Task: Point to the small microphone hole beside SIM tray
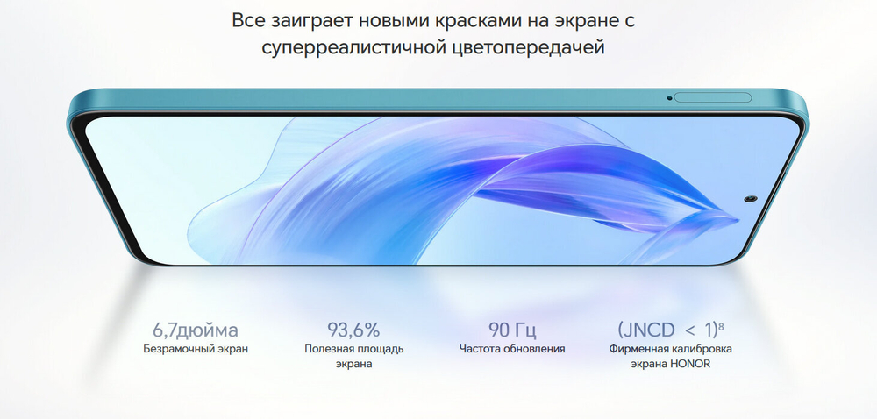(669, 96)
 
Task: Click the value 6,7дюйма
(196, 330)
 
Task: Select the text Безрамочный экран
(196, 349)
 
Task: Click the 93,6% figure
(353, 330)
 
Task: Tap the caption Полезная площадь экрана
(353, 356)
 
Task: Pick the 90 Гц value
(512, 330)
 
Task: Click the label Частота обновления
(512, 349)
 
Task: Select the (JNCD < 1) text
(666, 330)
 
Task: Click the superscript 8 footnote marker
(721, 326)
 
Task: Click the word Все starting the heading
(249, 19)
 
